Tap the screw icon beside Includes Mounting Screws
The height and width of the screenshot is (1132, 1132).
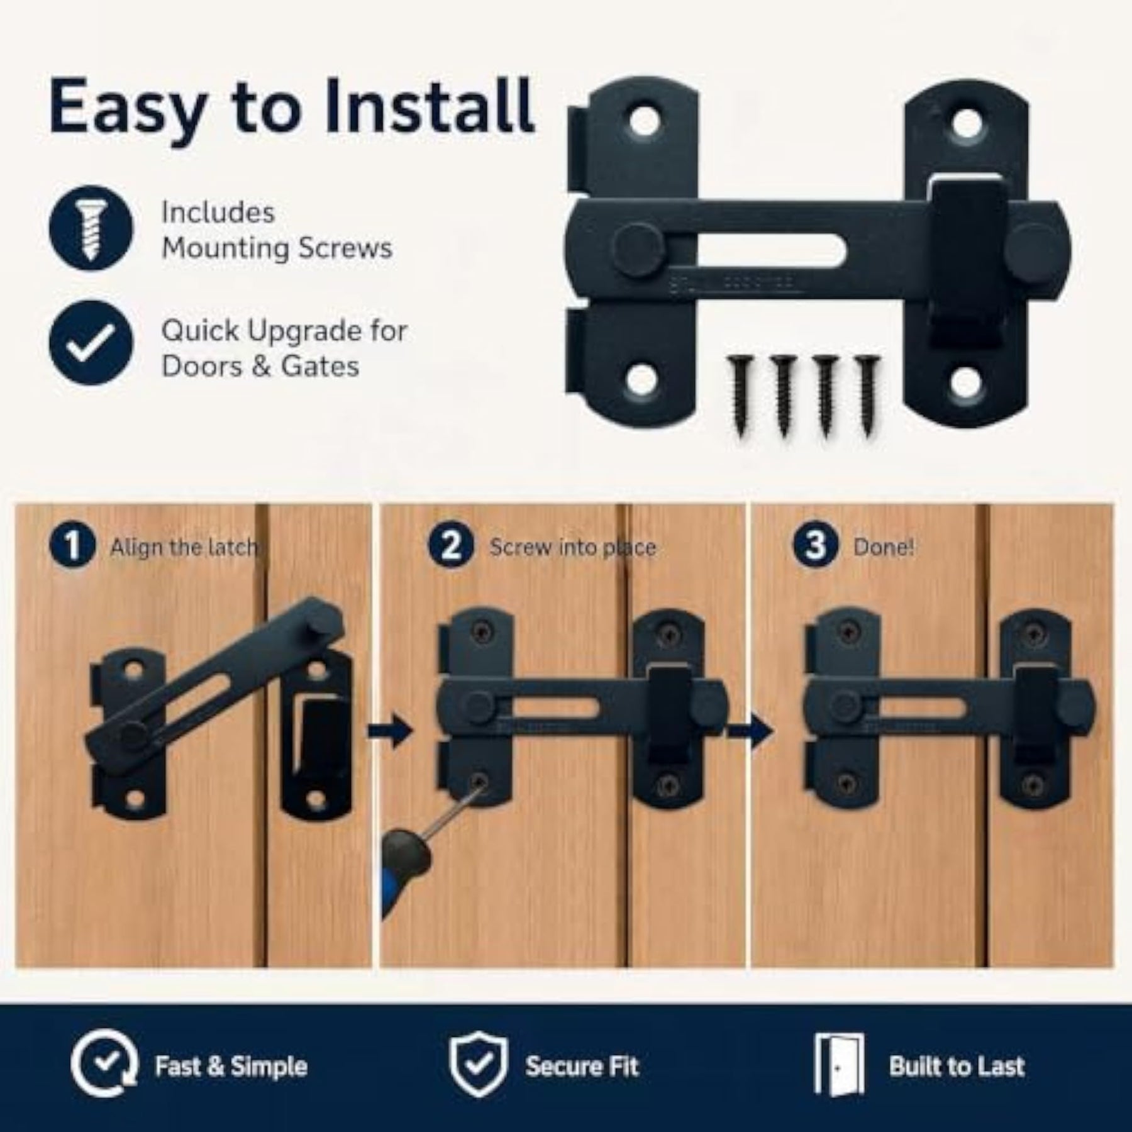tap(91, 228)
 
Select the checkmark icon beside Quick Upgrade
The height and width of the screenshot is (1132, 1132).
tap(91, 343)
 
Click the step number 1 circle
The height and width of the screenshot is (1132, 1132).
tap(72, 545)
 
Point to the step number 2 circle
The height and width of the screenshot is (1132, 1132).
tap(452, 545)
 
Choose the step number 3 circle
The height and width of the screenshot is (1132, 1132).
tap(815, 545)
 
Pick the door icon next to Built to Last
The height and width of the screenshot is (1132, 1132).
tap(839, 1064)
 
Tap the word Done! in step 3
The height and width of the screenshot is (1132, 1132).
tap(884, 547)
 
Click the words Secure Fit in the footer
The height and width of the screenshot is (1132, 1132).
tap(582, 1066)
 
